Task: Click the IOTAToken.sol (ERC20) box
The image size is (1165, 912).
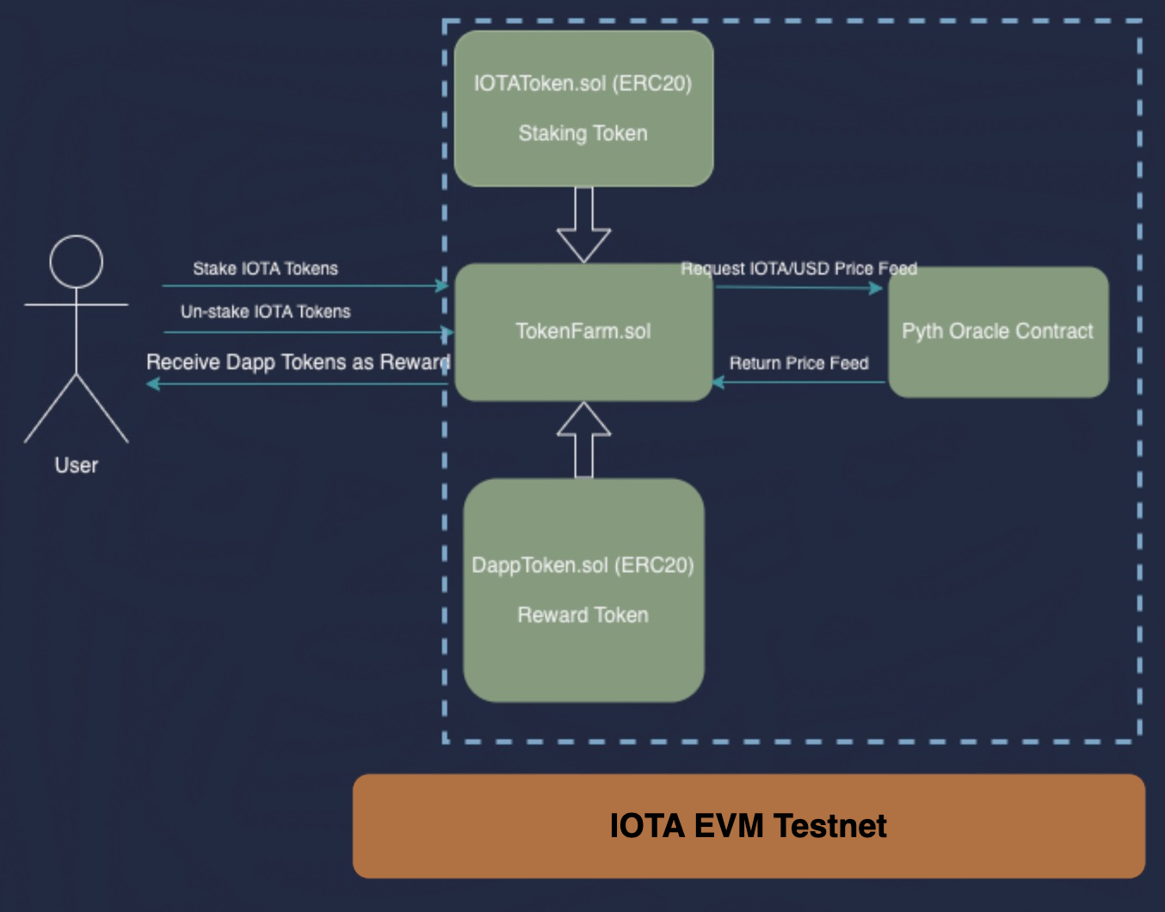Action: pos(583,108)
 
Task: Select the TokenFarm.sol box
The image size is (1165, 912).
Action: pos(583,332)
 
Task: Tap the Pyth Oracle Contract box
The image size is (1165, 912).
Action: pos(998,332)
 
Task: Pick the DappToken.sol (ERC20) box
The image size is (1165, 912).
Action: pos(583,590)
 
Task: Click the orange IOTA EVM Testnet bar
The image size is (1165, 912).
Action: pos(749,826)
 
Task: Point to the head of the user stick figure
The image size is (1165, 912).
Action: pos(77,262)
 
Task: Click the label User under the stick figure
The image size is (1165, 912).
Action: pos(77,465)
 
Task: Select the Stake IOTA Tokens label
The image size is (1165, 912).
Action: pos(265,268)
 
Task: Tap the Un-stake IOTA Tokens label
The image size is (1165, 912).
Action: pos(265,311)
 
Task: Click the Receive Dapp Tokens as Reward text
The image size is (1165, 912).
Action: pos(298,362)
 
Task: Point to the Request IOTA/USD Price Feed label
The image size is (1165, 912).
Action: pos(798,268)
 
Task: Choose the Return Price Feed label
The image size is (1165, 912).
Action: pos(798,363)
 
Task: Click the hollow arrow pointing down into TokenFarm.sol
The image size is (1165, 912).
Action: pos(584,226)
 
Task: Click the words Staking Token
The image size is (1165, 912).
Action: pos(583,133)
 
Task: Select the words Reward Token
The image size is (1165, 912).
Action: pos(583,615)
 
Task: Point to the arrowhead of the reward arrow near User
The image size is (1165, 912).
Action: pos(153,384)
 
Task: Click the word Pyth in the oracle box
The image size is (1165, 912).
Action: pos(922,331)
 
